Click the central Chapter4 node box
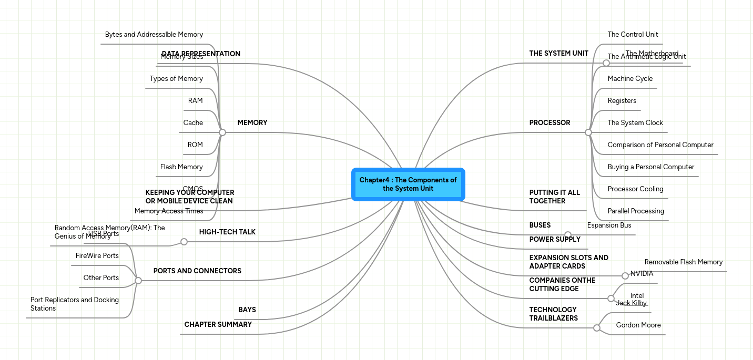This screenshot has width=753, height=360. pyautogui.click(x=408, y=184)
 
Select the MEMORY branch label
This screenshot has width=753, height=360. pyautogui.click(x=252, y=123)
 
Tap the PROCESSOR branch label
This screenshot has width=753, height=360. pyautogui.click(x=550, y=123)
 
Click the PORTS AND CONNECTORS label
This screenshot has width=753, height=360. pyautogui.click(x=197, y=271)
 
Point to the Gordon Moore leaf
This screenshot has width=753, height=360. pyautogui.click(x=638, y=325)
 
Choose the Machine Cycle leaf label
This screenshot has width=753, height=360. pyautogui.click(x=630, y=79)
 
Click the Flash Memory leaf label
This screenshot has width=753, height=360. pyautogui.click(x=181, y=167)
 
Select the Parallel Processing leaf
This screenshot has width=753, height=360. pyautogui.click(x=636, y=211)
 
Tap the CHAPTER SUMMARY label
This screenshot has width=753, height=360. pyautogui.click(x=218, y=325)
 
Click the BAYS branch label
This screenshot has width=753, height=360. pyautogui.click(x=247, y=310)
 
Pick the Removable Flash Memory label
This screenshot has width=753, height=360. pyautogui.click(x=684, y=262)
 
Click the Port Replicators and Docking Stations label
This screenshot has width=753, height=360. pyautogui.click(x=75, y=304)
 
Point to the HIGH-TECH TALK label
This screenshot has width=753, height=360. pyautogui.click(x=227, y=232)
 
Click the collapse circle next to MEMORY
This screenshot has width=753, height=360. pyautogui.click(x=222, y=132)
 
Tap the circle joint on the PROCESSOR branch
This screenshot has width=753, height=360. pyautogui.click(x=588, y=132)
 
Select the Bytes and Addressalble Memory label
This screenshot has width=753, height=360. pyautogui.click(x=154, y=35)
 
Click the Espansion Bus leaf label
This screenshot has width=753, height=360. pyautogui.click(x=609, y=225)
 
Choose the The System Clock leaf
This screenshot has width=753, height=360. pyautogui.click(x=635, y=123)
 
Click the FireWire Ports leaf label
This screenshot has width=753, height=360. pyautogui.click(x=97, y=256)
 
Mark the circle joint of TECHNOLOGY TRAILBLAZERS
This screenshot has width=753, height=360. pyautogui.click(x=597, y=328)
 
